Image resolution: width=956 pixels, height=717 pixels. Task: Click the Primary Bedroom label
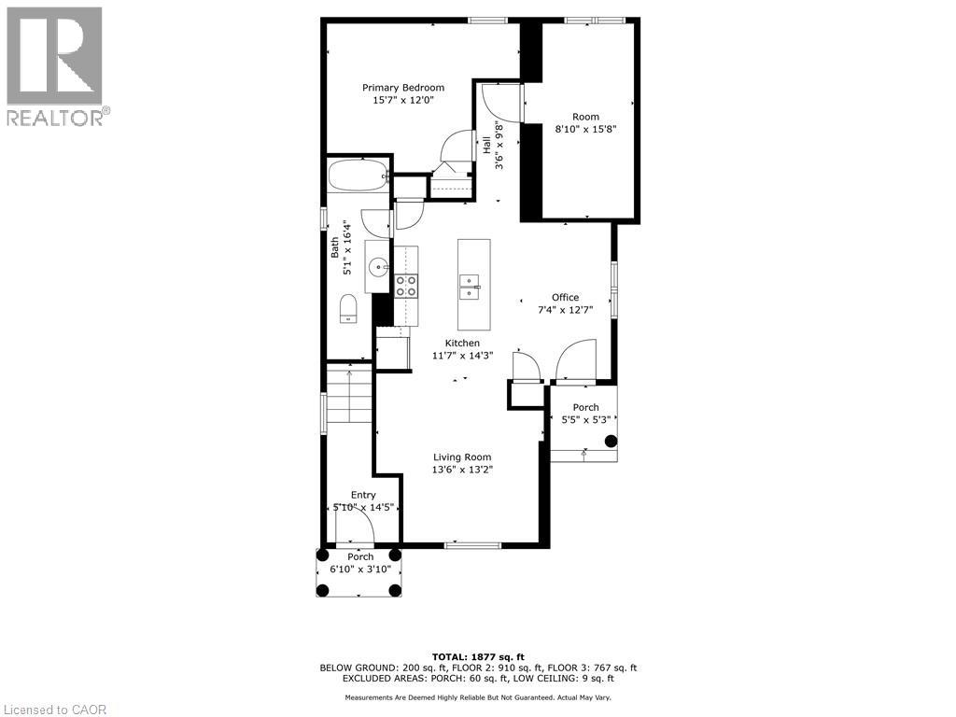(403, 88)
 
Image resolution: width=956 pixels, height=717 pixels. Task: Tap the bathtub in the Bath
(358, 176)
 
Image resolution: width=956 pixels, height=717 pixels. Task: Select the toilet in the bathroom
(348, 308)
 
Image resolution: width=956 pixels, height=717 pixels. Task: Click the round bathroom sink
(378, 266)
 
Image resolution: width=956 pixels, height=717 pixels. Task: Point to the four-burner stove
(406, 286)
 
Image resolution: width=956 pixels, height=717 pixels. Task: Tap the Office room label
(565, 298)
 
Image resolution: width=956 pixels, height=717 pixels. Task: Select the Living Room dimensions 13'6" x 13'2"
(462, 470)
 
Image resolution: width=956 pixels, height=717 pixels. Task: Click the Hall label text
(487, 144)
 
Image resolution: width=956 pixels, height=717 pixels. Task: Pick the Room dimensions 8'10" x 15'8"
(585, 129)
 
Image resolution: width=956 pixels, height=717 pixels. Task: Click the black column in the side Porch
(611, 441)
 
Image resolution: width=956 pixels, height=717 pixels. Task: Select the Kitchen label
(462, 344)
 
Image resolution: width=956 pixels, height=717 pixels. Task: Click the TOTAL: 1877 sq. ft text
(478, 656)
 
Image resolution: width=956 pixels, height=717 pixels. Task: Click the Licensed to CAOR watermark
(53, 710)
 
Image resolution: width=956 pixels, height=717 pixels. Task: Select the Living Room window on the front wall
(472, 545)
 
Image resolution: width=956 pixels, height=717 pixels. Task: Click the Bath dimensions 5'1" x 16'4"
(347, 247)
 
